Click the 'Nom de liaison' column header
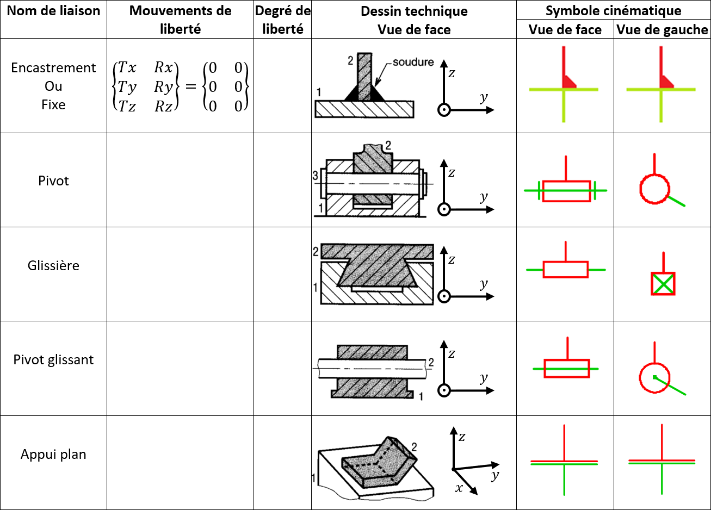[53, 11]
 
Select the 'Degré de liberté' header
[282, 20]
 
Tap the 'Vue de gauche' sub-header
[662, 29]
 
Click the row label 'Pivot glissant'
[53, 360]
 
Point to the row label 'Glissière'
[53, 265]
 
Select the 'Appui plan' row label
[53, 455]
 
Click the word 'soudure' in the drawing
[413, 62]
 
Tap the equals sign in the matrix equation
[190, 86]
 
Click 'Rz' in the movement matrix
[163, 106]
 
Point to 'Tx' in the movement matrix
[127, 67]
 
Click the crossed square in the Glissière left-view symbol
[663, 284]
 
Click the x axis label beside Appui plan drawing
[459, 488]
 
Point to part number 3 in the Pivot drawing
[315, 176]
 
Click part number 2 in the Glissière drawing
[316, 252]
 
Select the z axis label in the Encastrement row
[452, 73]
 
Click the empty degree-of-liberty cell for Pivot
[282, 180]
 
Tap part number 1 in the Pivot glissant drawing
[421, 396]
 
